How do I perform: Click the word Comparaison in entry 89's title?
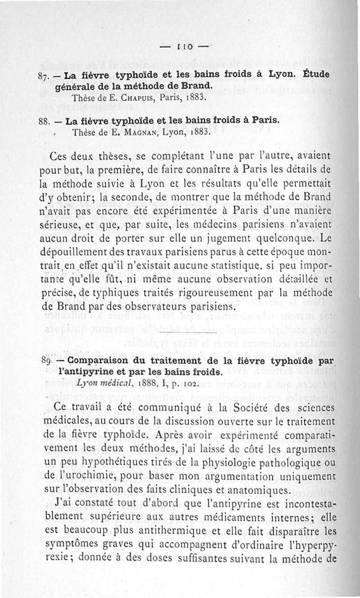pos(94,361)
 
